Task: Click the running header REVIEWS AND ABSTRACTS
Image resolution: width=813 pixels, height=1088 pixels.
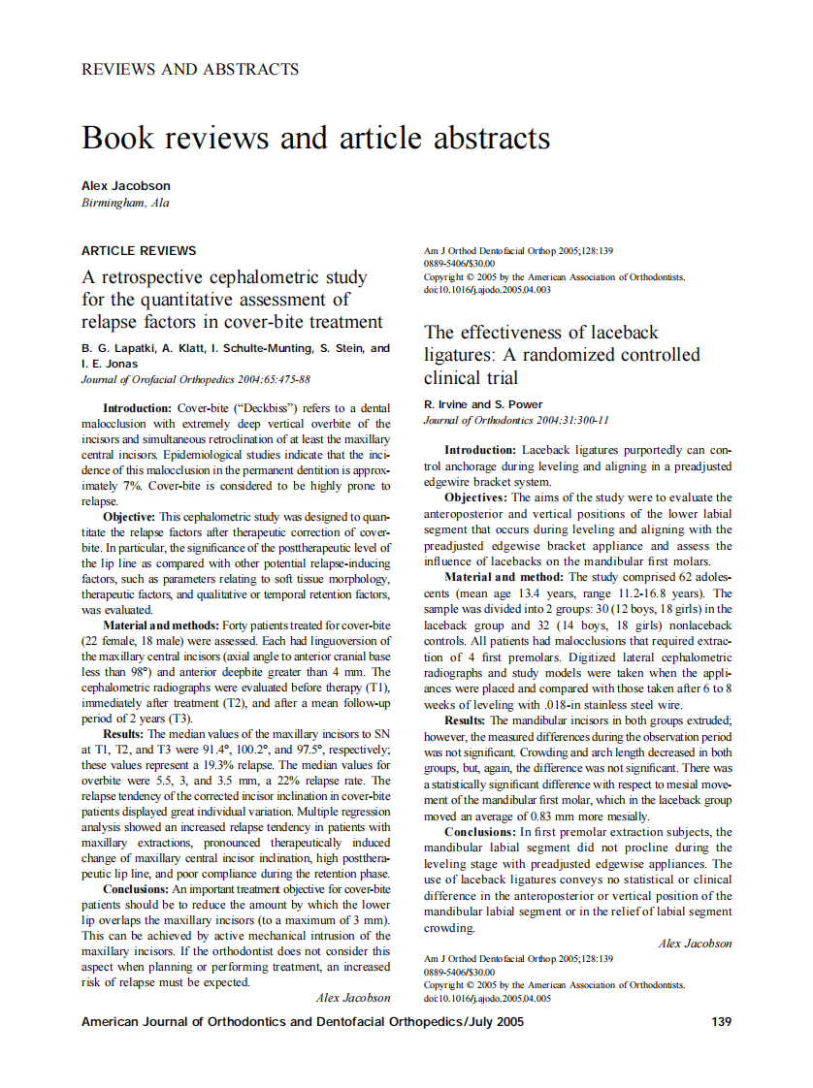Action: pyautogui.click(x=190, y=69)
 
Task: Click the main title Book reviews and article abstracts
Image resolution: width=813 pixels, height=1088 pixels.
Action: pyautogui.click(x=316, y=138)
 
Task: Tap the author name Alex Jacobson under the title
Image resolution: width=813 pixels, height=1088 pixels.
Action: pyautogui.click(x=126, y=185)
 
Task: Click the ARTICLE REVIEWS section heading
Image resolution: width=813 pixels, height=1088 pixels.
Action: pyautogui.click(x=139, y=250)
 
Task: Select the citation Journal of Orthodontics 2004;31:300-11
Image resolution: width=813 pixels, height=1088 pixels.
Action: pyautogui.click(x=516, y=420)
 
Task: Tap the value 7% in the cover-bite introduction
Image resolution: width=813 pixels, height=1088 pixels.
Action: pyautogui.click(x=132, y=485)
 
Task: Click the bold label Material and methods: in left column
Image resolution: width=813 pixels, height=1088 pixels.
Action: pyautogui.click(x=161, y=625)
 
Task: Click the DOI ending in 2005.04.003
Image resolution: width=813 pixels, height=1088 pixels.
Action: pyautogui.click(x=488, y=289)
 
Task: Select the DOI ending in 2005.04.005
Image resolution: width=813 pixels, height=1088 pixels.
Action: pyautogui.click(x=488, y=998)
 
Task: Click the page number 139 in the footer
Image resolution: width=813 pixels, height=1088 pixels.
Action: pyautogui.click(x=721, y=1021)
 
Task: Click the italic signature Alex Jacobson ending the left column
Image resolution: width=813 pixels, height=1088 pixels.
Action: pyautogui.click(x=353, y=997)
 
